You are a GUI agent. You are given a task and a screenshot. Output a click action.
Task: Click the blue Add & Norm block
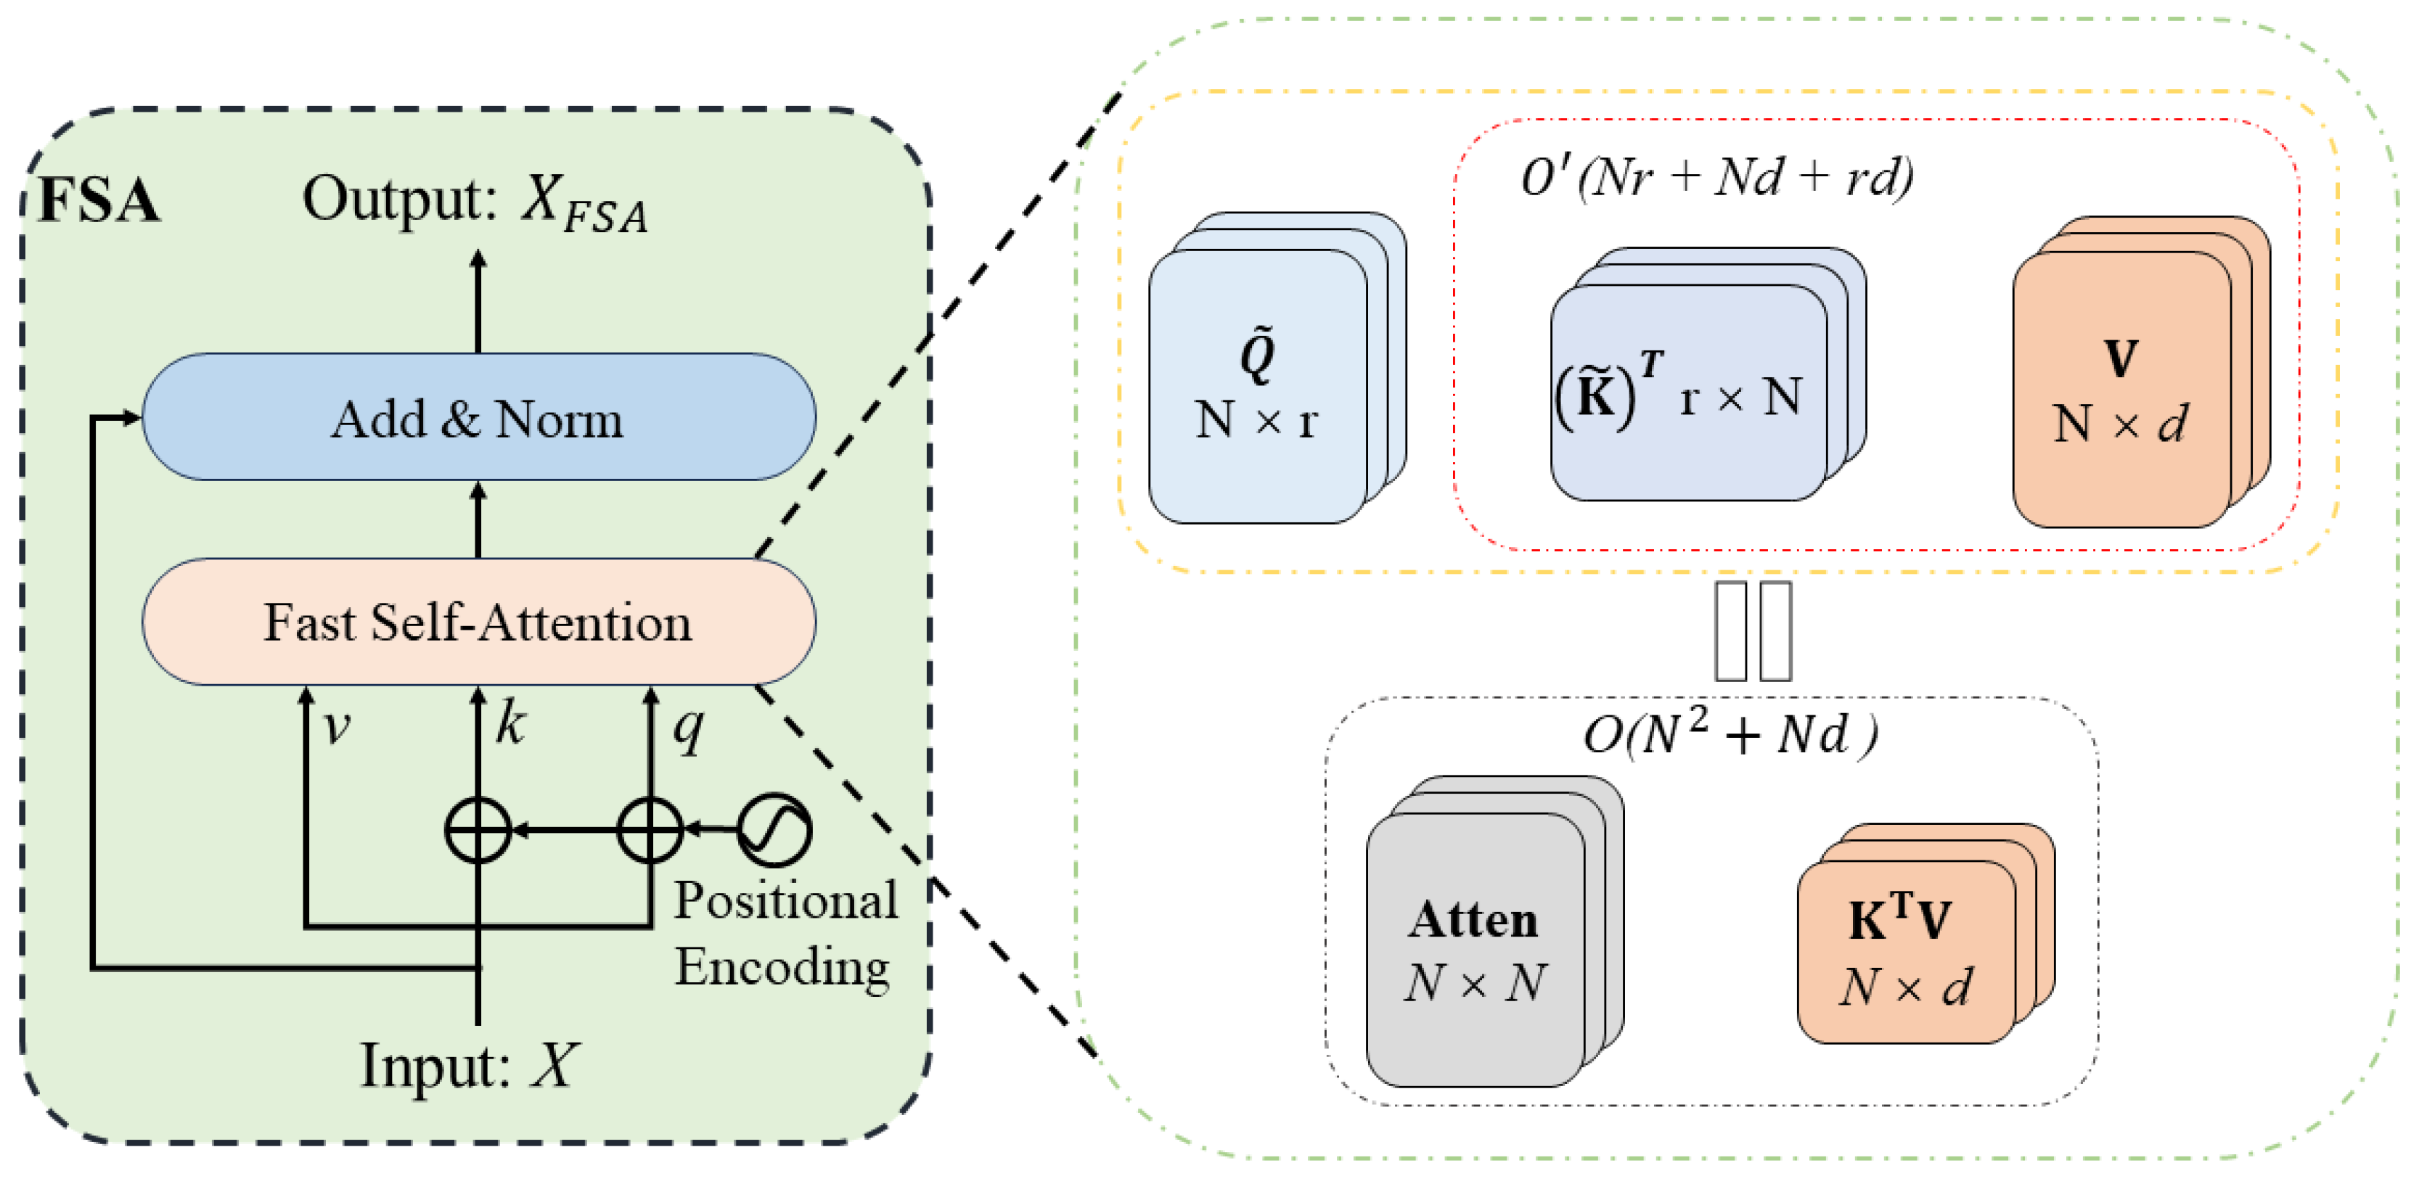pyautogui.click(x=478, y=417)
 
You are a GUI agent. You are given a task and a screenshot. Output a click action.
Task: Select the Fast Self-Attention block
pyautogui.click(x=478, y=622)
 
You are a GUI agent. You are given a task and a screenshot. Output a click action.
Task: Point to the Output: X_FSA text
pyautogui.click(x=474, y=201)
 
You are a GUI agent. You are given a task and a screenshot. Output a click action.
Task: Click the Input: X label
pyautogui.click(x=469, y=1066)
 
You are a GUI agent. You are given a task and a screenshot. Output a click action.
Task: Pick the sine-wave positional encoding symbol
pyautogui.click(x=774, y=829)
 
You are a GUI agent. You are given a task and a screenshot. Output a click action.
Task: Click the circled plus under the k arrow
pyautogui.click(x=478, y=830)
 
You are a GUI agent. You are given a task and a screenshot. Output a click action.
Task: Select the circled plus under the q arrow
pyautogui.click(x=650, y=830)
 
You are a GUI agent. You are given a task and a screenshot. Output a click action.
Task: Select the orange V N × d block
pyautogui.click(x=2121, y=390)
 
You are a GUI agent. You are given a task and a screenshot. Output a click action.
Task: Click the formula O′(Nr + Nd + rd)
pyautogui.click(x=1716, y=176)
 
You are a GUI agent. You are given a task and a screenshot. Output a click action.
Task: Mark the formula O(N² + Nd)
pyautogui.click(x=1730, y=733)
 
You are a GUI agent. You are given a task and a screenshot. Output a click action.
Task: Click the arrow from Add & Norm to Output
pyautogui.click(x=478, y=300)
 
